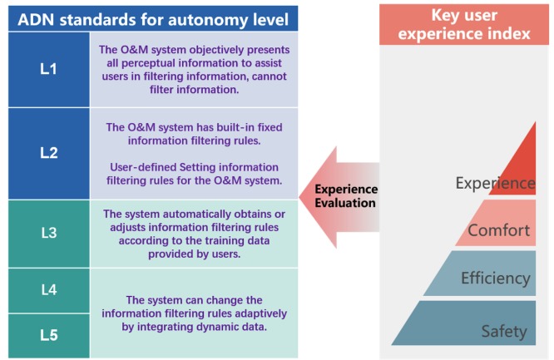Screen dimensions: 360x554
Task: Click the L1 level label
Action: (48, 69)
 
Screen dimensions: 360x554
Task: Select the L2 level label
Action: (48, 153)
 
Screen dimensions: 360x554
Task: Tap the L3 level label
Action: (48, 233)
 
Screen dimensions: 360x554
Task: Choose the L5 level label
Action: (48, 335)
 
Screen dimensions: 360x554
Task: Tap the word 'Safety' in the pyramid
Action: (504, 332)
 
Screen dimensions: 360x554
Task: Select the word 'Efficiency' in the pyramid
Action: (495, 279)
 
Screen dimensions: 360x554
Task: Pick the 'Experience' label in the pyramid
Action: (496, 183)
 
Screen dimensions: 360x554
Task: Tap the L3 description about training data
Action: (193, 232)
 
